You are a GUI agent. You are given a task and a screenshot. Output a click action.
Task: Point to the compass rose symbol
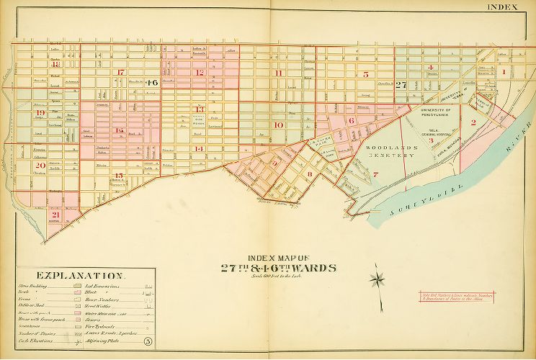pyautogui.click(x=377, y=278)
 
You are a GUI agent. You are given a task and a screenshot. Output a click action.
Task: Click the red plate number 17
pyautogui.click(x=121, y=72)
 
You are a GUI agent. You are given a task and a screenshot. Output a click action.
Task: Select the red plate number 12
pyautogui.click(x=200, y=73)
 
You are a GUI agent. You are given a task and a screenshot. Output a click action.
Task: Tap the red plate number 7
pyautogui.click(x=375, y=174)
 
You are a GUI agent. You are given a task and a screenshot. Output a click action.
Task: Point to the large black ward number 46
pyautogui.click(x=151, y=83)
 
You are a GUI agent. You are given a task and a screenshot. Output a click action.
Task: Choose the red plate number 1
pyautogui.click(x=504, y=71)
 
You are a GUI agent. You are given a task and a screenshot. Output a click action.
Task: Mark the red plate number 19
pyautogui.click(x=40, y=114)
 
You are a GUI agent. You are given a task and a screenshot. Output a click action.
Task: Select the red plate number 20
pyautogui.click(x=40, y=165)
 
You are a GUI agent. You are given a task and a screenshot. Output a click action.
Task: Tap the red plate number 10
pyautogui.click(x=278, y=125)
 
